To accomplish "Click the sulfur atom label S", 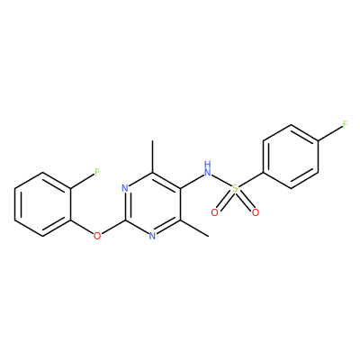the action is [235, 189].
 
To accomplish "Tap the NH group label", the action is [207, 168].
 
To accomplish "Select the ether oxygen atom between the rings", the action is [97, 236].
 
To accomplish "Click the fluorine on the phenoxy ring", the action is [97, 172].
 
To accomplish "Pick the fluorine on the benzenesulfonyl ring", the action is [346, 124].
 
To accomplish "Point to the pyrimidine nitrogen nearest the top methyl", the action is [125, 188].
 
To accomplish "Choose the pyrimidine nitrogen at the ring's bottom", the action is [152, 236].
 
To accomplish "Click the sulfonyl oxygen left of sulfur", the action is [214, 212].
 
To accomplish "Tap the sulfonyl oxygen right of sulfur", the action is [256, 212].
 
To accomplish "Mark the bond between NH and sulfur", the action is [221, 181].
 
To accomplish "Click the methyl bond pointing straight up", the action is [153, 157].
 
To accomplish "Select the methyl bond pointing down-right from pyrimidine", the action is [194, 229].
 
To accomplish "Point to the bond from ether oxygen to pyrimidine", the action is [112, 227].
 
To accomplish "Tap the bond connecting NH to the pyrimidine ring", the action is [192, 181].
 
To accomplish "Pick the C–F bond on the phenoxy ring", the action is [82, 182].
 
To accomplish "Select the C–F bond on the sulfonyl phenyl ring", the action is [330, 133].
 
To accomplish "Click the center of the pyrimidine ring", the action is [153, 204].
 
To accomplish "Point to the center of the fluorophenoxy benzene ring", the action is [42, 204].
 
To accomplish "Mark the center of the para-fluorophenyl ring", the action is [291, 157].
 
